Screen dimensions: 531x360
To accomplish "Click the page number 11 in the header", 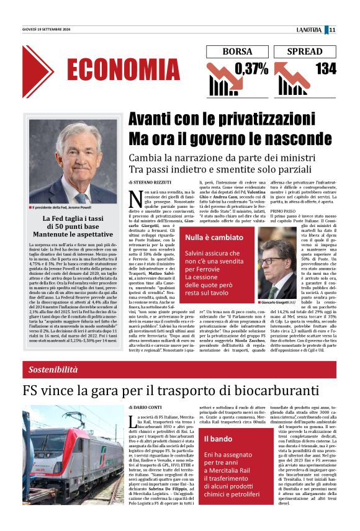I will click(332, 30).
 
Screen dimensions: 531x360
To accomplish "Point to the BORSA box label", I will click(237, 51).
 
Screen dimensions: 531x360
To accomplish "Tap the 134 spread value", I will click(325, 69).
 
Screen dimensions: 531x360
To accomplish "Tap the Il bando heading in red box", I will click(218, 439).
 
